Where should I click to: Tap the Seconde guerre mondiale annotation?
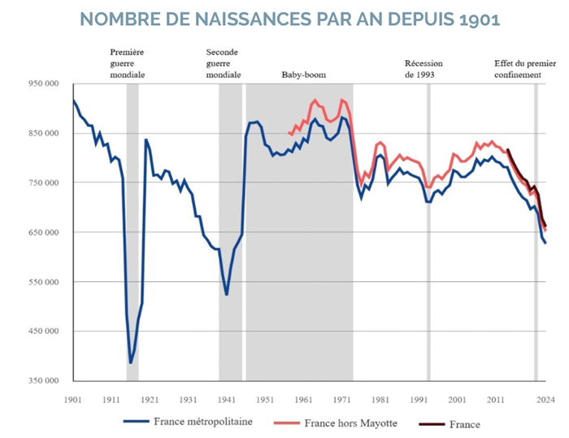click(x=224, y=63)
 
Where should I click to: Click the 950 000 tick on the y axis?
click(x=46, y=84)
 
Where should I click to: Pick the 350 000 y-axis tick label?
click(x=46, y=381)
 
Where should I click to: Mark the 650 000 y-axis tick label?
click(x=46, y=232)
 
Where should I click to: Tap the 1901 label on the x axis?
click(x=73, y=399)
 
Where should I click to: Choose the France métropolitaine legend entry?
click(x=188, y=422)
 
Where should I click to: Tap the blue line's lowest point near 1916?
click(x=131, y=362)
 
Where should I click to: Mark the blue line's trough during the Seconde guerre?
click(x=227, y=294)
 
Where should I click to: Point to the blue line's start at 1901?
click(x=74, y=100)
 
